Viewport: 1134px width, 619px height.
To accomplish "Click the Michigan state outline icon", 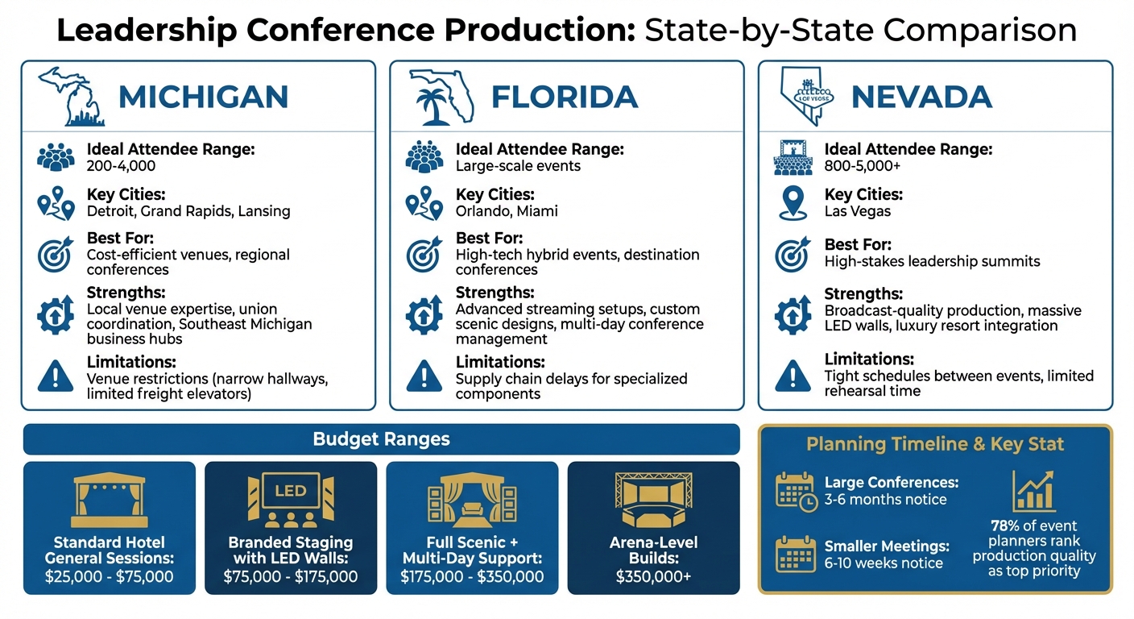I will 71,96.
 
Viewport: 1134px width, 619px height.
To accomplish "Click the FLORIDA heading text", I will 565,97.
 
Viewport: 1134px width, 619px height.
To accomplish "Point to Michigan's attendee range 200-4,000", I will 121,166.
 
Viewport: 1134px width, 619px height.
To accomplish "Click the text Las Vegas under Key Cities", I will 858,211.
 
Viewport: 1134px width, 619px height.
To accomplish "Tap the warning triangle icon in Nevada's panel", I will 793,376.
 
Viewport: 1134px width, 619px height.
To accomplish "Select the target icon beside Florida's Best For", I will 424,255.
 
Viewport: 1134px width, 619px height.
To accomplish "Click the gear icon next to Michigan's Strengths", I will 56,315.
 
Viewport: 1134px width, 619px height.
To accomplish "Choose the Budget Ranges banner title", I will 381,439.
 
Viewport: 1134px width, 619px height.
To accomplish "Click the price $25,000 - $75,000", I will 110,577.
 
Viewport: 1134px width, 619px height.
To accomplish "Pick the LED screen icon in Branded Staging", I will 291,492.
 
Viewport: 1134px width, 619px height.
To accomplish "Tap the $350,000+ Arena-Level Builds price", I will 653,577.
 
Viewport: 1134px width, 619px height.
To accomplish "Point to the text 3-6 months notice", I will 886,500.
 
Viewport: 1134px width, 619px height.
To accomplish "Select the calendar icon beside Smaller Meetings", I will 794,554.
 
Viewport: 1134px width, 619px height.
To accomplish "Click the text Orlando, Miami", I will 507,211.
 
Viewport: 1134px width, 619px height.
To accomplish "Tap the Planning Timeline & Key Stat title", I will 935,444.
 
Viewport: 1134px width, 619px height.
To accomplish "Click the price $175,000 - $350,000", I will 472,577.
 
